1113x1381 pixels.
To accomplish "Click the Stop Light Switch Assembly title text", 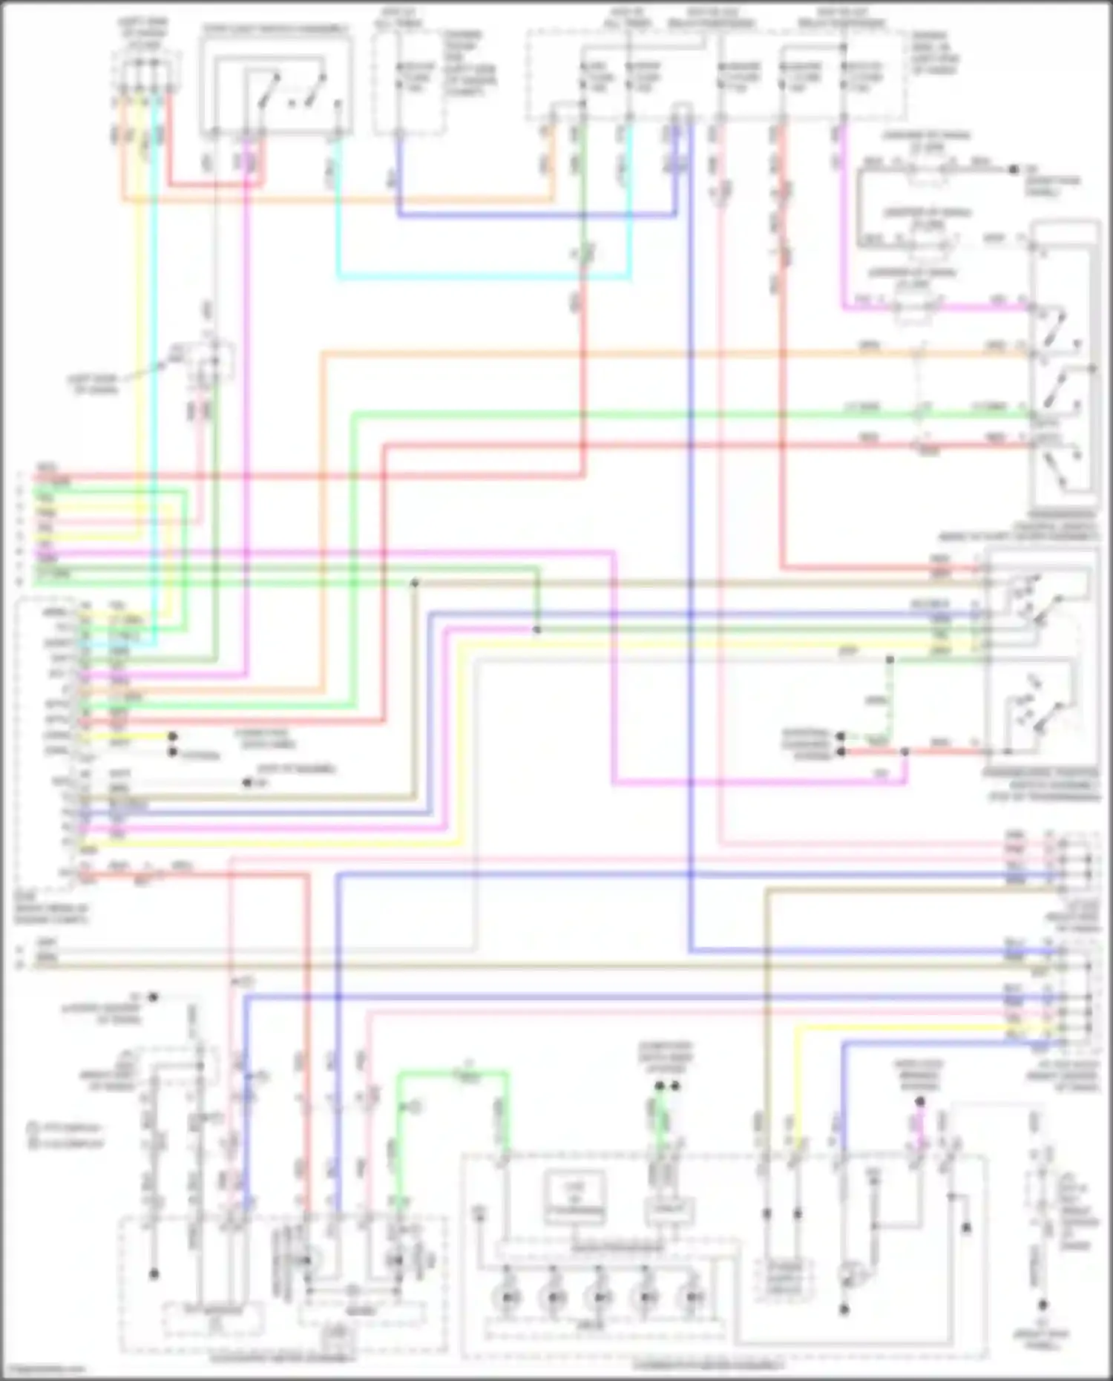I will [275, 30].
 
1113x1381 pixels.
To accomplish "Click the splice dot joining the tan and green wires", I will [415, 583].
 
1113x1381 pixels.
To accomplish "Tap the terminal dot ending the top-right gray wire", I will [1014, 169].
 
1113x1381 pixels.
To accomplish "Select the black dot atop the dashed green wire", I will [890, 659].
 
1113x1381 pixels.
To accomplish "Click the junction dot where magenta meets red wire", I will [904, 752].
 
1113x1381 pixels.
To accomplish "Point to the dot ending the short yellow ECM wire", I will [172, 737].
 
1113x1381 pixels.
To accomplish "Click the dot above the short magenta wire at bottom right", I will [919, 1101].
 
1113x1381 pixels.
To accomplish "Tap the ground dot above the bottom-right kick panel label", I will [1043, 1304].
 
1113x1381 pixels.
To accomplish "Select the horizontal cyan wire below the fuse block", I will [482, 278].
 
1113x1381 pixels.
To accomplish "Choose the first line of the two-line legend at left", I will [65, 1126].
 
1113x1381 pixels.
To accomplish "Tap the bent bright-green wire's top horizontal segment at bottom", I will [453, 1072].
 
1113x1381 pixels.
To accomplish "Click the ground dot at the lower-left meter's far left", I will [154, 1274].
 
